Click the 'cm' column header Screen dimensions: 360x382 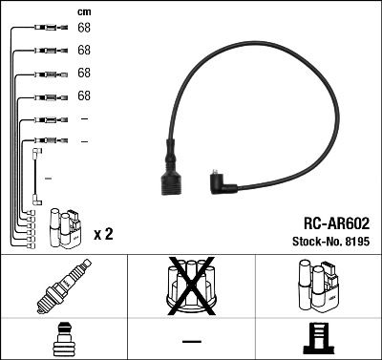coord(84,11)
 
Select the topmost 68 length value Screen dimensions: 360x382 coord(84,28)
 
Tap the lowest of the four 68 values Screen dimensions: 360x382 coord(84,96)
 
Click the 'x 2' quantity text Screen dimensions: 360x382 coord(103,234)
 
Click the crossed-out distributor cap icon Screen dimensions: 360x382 coord(191,286)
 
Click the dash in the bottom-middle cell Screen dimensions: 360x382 coord(191,341)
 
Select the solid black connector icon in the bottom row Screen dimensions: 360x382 coord(318,340)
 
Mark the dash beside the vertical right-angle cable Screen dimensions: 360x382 coord(48,178)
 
